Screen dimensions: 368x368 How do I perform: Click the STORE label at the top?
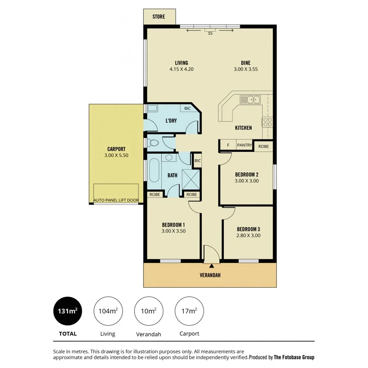[159, 17]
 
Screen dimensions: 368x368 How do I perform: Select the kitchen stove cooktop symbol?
[267, 121]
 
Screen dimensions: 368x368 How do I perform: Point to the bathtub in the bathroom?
[154, 171]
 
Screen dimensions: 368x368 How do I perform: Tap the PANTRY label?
[245, 145]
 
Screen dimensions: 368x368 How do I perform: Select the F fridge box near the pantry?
[228, 145]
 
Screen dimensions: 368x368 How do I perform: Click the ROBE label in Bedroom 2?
[263, 146]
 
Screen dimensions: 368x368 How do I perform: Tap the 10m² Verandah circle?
[148, 311]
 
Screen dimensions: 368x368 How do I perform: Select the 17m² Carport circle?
[189, 311]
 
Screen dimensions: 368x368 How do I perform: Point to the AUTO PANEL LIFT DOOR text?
[116, 200]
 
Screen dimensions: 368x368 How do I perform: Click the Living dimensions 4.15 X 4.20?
[181, 70]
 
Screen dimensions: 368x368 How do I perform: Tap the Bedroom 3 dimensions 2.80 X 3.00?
[248, 236]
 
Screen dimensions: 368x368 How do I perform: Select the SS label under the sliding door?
[210, 34]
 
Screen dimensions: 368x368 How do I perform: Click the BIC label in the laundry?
[187, 109]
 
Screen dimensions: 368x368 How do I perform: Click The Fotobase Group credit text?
[294, 357]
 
